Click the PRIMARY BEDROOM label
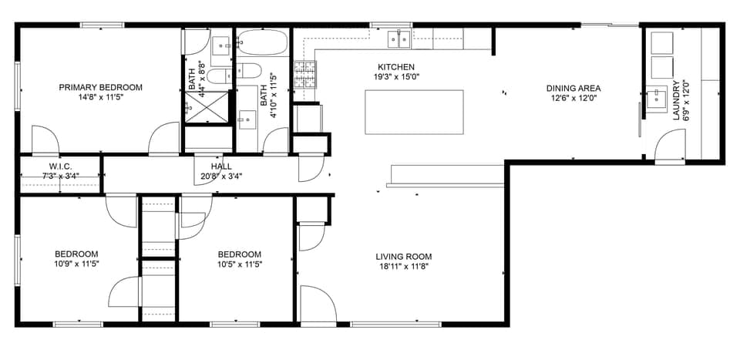pyautogui.click(x=101, y=87)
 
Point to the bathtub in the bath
pyautogui.click(x=262, y=41)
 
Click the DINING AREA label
pyautogui.click(x=573, y=88)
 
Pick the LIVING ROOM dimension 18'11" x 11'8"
pyautogui.click(x=403, y=267)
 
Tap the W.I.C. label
pyautogui.click(x=60, y=167)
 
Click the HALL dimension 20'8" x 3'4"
pyautogui.click(x=221, y=176)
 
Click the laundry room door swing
pyautogui.click(x=670, y=146)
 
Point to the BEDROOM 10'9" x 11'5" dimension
pyautogui.click(x=76, y=264)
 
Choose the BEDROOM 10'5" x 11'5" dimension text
pyautogui.click(x=239, y=264)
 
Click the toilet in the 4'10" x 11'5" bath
pyautogui.click(x=247, y=72)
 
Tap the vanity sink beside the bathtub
pyautogui.click(x=247, y=119)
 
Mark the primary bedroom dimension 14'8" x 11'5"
pyautogui.click(x=101, y=98)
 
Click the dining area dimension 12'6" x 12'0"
pyautogui.click(x=573, y=98)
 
